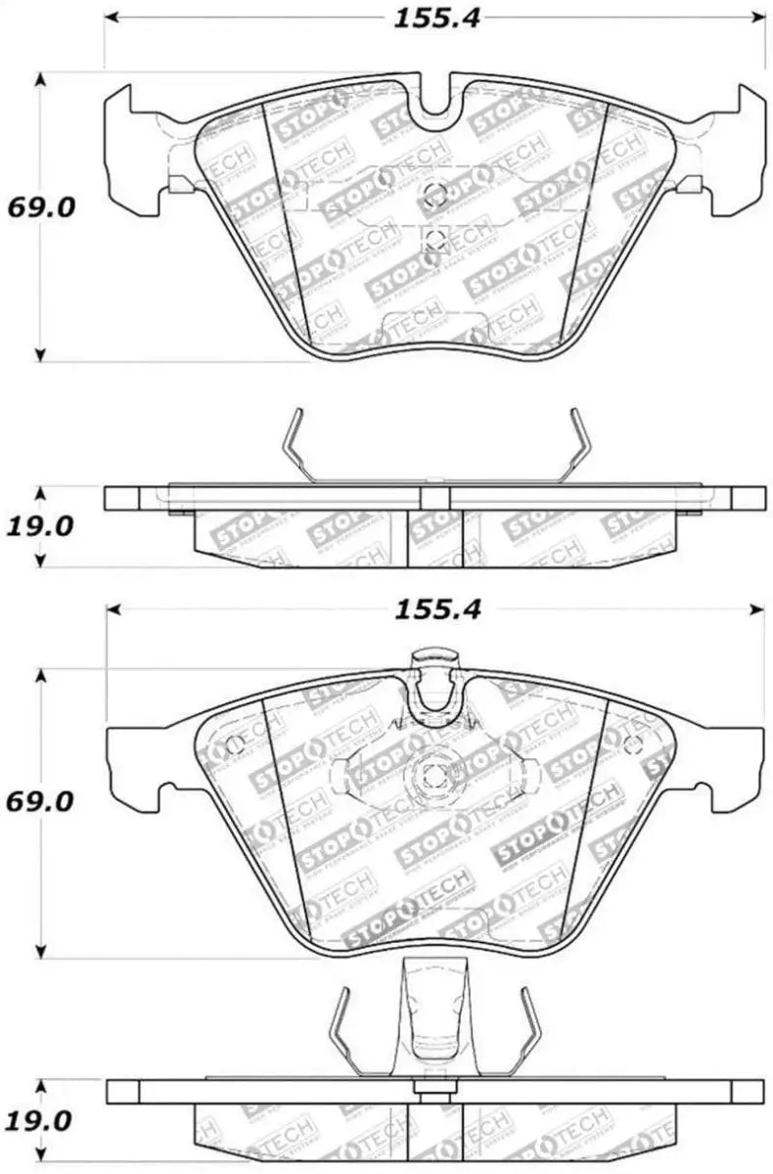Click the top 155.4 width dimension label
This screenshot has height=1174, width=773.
pos(436,19)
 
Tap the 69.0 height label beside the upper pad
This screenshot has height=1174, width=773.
pos(41,208)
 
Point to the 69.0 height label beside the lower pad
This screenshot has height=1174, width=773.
pos(41,801)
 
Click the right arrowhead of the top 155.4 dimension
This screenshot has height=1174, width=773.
pos(758,18)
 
